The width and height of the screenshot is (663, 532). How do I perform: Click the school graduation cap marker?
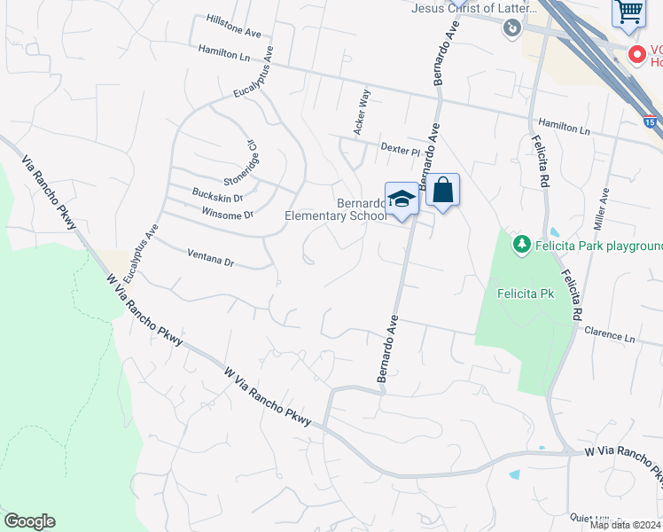(402, 199)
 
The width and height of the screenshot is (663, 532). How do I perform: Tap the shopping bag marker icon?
(442, 190)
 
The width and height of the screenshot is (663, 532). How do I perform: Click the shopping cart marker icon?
(628, 12)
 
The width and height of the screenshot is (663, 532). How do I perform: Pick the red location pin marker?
(636, 54)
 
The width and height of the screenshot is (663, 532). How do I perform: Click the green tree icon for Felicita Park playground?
(523, 243)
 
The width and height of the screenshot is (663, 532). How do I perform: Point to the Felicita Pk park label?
(525, 293)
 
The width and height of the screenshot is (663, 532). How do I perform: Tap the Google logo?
(29, 521)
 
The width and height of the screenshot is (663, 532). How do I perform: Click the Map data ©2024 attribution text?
(625, 525)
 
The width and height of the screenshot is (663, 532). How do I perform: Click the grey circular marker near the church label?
(511, 29)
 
